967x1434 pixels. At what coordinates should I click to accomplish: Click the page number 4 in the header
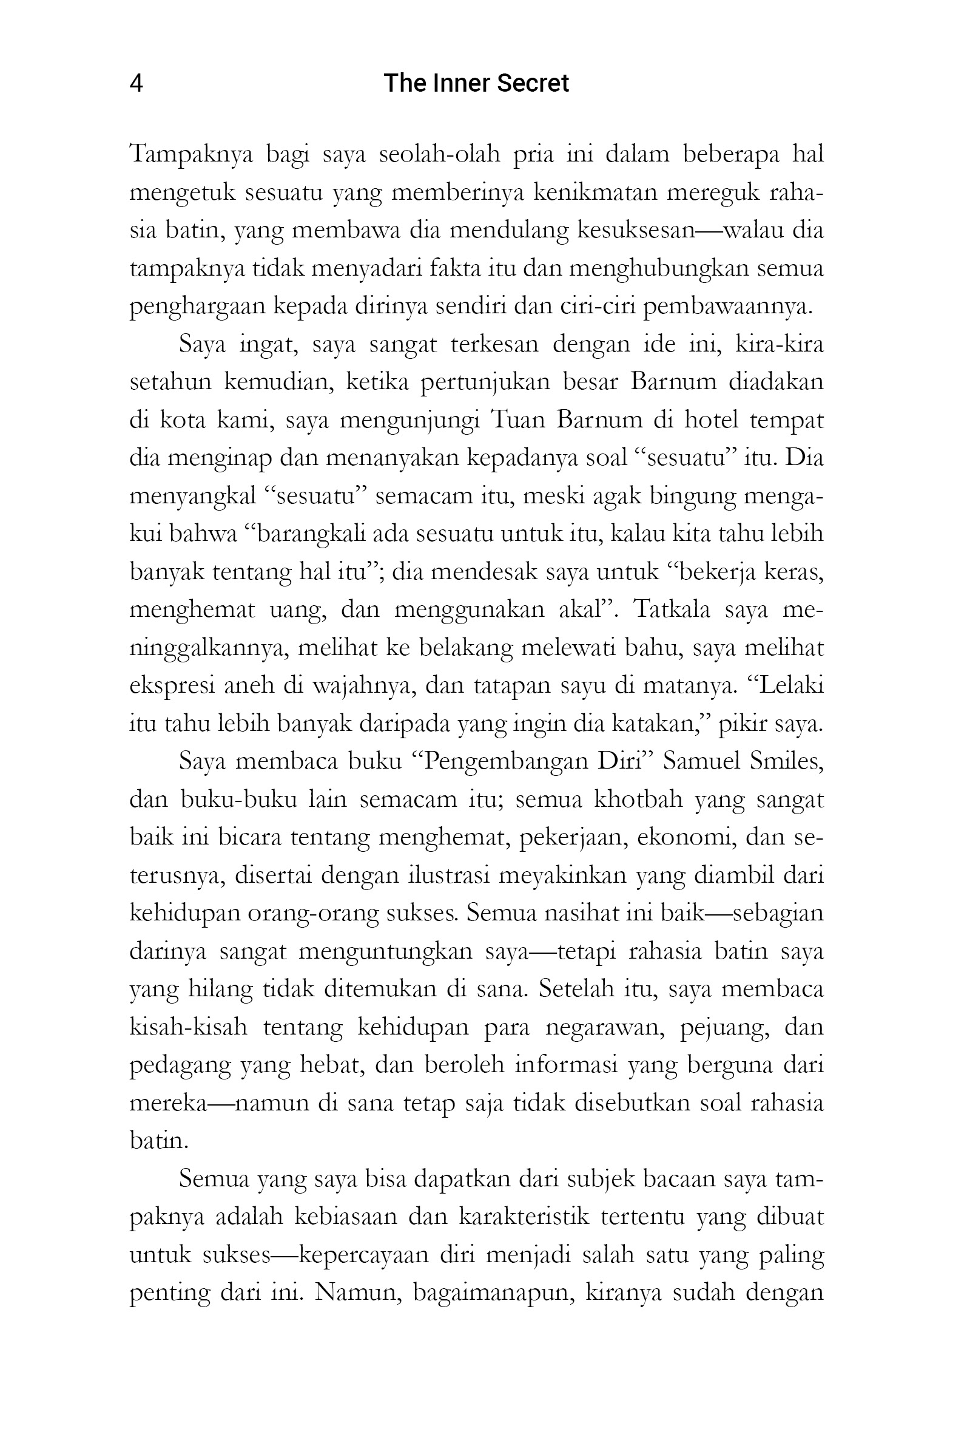pos(136,83)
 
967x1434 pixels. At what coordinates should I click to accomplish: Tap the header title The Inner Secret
pos(476,83)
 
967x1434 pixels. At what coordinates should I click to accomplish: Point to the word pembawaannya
pos(728,307)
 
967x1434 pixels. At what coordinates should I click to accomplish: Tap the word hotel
pos(711,421)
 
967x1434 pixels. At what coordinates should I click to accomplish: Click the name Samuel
pos(701,762)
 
